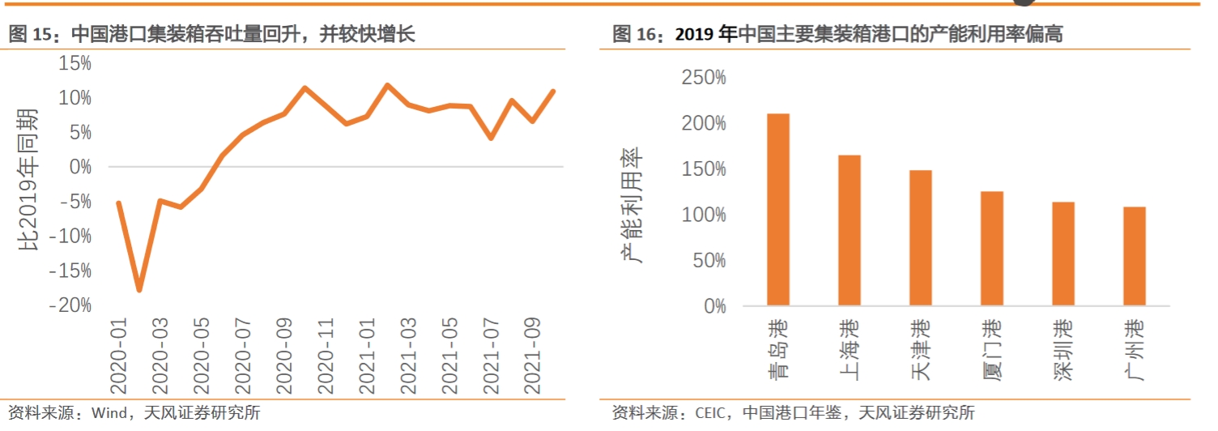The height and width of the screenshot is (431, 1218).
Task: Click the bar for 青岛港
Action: [777, 210]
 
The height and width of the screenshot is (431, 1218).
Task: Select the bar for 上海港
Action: [849, 230]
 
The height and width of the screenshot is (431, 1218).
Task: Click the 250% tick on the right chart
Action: [705, 78]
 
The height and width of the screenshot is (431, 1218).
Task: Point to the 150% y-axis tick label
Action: [705, 169]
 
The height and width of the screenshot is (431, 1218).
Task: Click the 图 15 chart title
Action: [212, 34]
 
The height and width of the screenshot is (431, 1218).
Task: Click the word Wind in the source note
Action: [107, 413]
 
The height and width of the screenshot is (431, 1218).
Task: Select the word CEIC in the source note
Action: [712, 413]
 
